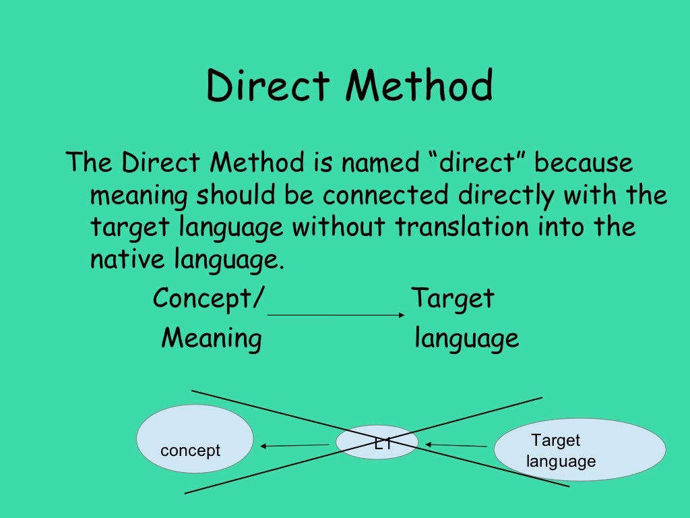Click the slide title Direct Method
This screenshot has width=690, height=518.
pos(350,87)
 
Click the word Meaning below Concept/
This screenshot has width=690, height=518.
pos(212,338)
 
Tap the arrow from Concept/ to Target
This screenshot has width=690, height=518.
pos(336,315)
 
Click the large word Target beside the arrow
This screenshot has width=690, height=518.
pos(453,298)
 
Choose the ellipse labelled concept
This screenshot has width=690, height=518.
pos(195,438)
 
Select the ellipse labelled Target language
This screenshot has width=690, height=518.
pos(579,449)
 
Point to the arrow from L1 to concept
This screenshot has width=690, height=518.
pos(294,445)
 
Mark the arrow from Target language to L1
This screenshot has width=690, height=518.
pos(456,445)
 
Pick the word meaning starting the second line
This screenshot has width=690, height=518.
pos(139,196)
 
